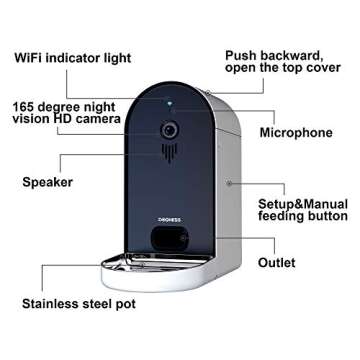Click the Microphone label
[295, 132]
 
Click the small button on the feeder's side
[228, 183]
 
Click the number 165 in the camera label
[26, 104]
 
